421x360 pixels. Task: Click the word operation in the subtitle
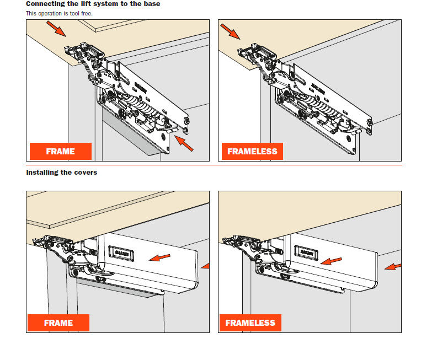point(52,13)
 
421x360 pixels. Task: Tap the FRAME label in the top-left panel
point(60,151)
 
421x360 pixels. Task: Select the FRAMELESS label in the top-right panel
point(252,151)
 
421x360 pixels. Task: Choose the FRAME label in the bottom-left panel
point(58,323)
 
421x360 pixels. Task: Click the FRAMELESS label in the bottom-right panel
point(250,323)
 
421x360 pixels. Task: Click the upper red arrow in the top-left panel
point(57,29)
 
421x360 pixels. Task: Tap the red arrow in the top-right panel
point(230,31)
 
